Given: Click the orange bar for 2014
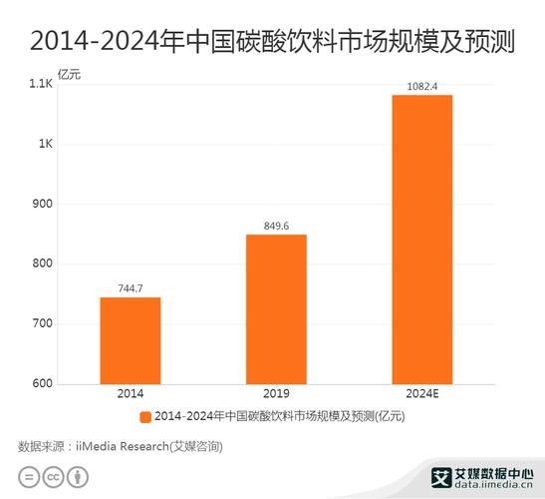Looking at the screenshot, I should pos(130,340).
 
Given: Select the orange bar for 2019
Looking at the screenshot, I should pos(276,308).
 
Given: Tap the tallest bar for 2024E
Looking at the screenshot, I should pos(421,239).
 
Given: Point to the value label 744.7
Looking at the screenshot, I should pos(130,288).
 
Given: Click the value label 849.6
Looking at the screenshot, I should pos(276,226).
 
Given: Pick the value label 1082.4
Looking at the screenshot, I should pos(421,86).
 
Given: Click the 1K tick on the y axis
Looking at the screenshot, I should pos(45,144).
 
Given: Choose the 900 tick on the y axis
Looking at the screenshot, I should pos(42,204).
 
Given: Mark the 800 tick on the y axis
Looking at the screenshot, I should pos(42,264).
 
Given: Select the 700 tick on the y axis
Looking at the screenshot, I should pos(42,324).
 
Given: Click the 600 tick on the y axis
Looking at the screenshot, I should pos(42,384).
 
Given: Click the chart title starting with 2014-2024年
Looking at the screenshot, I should pos(272,41).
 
